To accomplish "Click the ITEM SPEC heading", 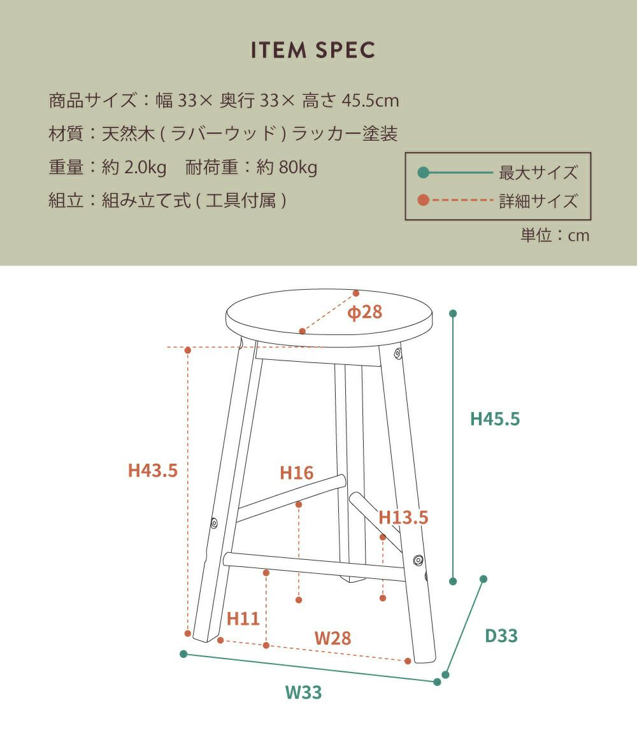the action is [313, 50].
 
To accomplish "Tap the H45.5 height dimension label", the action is [494, 419].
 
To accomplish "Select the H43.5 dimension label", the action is [153, 471].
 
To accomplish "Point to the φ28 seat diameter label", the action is [364, 312].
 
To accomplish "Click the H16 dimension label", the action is [297, 473].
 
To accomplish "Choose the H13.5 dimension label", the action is [403, 517].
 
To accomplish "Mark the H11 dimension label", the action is [243, 618].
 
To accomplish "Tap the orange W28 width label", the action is [333, 638].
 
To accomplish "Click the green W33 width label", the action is [303, 692].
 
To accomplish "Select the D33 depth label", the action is [501, 636].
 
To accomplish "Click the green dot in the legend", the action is [424, 173].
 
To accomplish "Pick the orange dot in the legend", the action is [424, 200].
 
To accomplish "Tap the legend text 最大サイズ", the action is [538, 173].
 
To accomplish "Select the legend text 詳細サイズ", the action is [538, 201].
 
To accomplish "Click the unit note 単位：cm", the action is [555, 235].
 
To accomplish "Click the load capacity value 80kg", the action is [298, 168].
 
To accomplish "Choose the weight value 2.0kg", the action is [145, 168].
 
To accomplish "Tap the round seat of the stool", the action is [329, 318].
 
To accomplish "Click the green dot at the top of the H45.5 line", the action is [453, 313].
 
